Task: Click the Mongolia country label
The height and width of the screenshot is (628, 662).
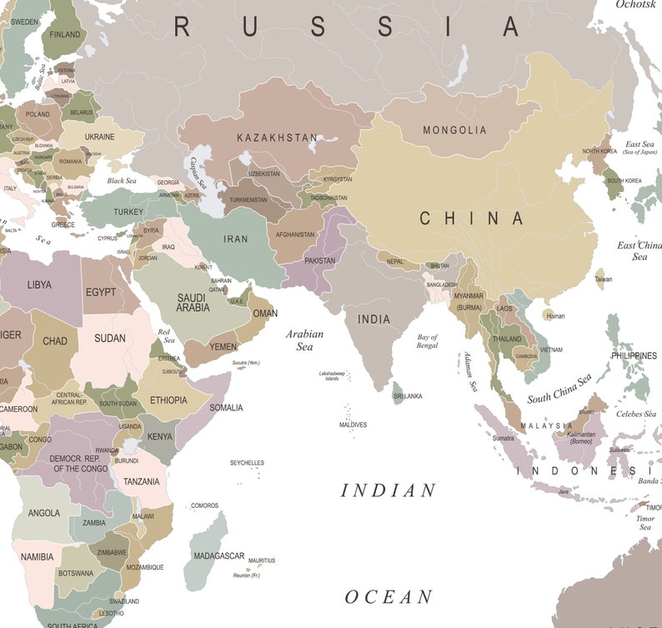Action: pos(454,130)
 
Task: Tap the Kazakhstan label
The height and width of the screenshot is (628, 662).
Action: pos(277,138)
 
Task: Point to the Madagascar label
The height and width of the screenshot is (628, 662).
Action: pos(218,556)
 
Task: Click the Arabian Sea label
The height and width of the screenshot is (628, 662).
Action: pos(304,339)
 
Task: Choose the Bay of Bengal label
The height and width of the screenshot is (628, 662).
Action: pos(427,341)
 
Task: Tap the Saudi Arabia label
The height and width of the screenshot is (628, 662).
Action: pos(193,302)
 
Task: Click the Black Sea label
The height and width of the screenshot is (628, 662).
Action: pos(121,181)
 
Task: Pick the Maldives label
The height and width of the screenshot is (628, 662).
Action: pos(353,425)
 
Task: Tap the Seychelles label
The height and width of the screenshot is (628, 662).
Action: pos(247,463)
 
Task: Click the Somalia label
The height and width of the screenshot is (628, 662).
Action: pos(226,408)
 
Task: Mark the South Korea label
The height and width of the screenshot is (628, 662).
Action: pos(624,180)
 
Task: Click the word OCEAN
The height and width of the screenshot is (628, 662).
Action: pos(389,597)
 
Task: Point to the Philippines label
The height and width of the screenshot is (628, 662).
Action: pos(634,355)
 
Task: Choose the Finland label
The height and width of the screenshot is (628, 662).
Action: pos(65,34)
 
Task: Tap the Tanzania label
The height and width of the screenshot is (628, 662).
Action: pos(141,481)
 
